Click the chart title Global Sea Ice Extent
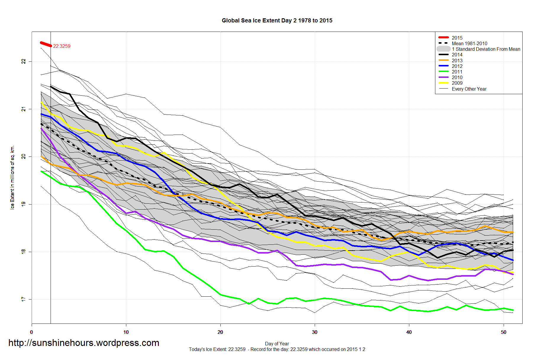277,21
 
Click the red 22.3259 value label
62,46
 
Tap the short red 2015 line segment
46,44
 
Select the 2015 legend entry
457,38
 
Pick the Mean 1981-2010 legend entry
469,43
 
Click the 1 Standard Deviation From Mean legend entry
486,49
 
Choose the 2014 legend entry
457,55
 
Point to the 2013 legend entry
457,61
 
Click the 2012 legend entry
457,66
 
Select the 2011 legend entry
457,72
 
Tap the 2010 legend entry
457,77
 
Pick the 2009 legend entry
457,83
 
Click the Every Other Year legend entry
469,89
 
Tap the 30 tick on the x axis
315,332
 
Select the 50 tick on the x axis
503,332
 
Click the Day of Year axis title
277,344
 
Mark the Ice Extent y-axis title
12,177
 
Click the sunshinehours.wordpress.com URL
84,343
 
